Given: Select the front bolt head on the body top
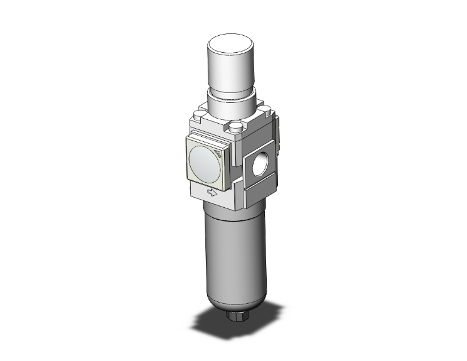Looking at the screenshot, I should click(236, 127).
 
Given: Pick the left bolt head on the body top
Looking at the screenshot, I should click(200, 115).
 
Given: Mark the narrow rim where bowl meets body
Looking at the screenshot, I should click(230, 207).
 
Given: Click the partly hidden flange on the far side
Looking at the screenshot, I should click(277, 135).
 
